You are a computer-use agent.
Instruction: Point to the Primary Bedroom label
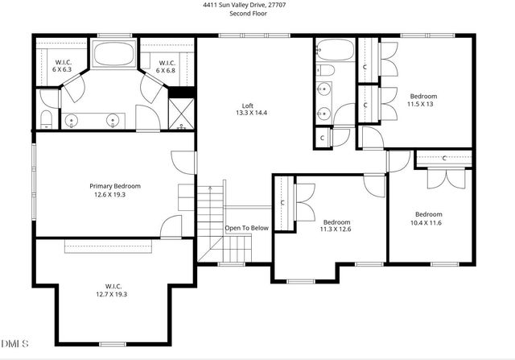(x=112, y=190)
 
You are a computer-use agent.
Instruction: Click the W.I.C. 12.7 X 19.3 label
(x=113, y=289)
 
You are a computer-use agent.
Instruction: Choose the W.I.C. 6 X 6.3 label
(x=63, y=66)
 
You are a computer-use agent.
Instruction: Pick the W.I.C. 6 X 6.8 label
(x=167, y=66)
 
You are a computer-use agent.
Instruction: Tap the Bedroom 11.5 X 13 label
(x=422, y=100)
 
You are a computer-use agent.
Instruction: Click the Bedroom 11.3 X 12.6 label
(x=336, y=226)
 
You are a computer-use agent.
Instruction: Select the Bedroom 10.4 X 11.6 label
(x=428, y=217)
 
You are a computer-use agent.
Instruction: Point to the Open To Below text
(x=246, y=228)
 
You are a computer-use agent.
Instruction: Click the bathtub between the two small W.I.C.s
(x=114, y=54)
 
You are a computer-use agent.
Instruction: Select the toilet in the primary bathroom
(x=46, y=120)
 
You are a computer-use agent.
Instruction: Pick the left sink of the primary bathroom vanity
(x=72, y=121)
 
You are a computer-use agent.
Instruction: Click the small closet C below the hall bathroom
(x=323, y=138)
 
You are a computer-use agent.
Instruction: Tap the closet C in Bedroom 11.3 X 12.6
(x=283, y=203)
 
